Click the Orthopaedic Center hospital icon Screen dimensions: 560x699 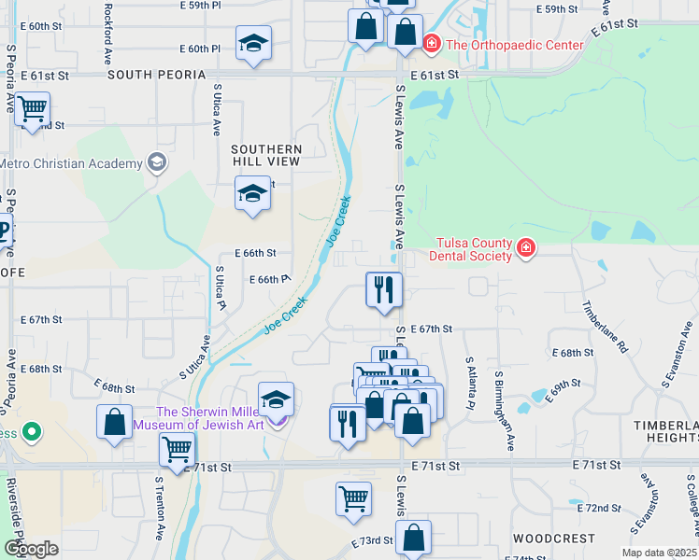pyautogui.click(x=432, y=43)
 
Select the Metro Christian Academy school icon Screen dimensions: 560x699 pyautogui.click(x=157, y=163)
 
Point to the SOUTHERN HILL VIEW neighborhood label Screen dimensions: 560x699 pyautogui.click(x=266, y=155)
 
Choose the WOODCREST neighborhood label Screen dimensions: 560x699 pyautogui.click(x=552, y=539)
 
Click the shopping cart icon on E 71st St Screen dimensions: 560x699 pyautogui.click(x=177, y=450)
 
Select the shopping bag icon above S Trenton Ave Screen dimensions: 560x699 pyautogui.click(x=114, y=421)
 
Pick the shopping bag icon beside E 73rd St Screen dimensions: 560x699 pyautogui.click(x=413, y=538)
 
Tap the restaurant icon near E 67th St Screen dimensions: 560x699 pyautogui.click(x=383, y=290)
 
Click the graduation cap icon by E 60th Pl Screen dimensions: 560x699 pyautogui.click(x=253, y=45)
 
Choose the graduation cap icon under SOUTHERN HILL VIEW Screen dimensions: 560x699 pyautogui.click(x=252, y=193)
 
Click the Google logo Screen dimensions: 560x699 pyautogui.click(x=31, y=548)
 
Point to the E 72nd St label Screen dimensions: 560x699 pyautogui.click(x=600, y=508)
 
